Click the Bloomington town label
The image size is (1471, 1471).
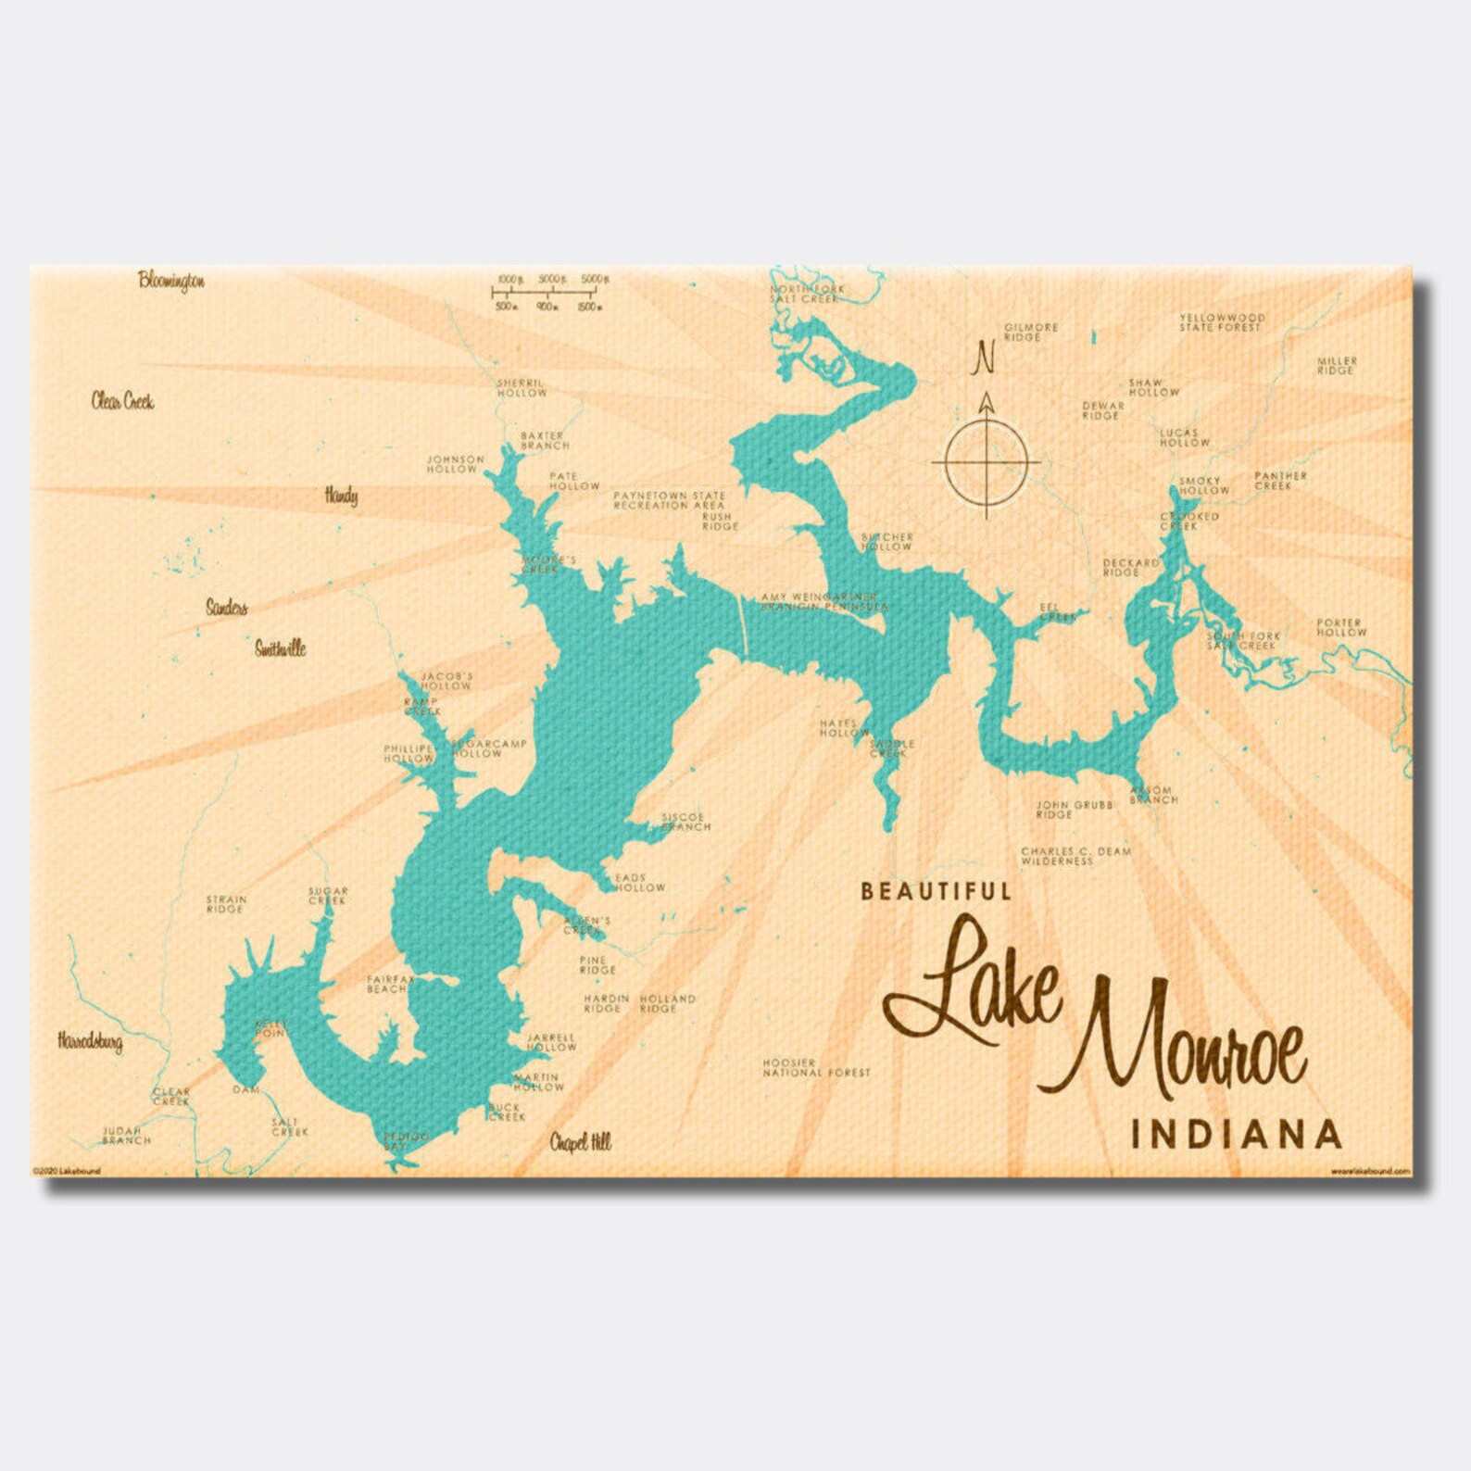pos(171,280)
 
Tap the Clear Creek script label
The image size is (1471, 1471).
pos(122,400)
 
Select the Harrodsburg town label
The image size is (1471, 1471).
pos(90,1041)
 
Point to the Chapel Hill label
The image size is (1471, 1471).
pos(581,1142)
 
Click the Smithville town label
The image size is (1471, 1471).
pos(280,647)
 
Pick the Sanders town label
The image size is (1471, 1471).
pos(226,608)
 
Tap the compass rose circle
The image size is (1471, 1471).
pos(986,460)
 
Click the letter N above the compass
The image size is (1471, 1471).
pos(984,358)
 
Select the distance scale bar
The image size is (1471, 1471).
pos(547,292)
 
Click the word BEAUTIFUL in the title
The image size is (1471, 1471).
pos(936,891)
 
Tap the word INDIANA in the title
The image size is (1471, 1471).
pos(1237,1134)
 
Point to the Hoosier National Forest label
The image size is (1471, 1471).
pos(816,1067)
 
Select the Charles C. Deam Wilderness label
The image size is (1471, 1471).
pos(1075,856)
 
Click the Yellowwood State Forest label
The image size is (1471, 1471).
pos(1221,322)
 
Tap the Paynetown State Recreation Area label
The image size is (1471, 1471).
pos(669,501)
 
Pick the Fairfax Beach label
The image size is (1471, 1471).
pos(389,984)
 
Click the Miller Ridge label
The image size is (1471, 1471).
pos(1336,365)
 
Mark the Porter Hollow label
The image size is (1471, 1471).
pos(1340,627)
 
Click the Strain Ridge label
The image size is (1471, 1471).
pos(226,903)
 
